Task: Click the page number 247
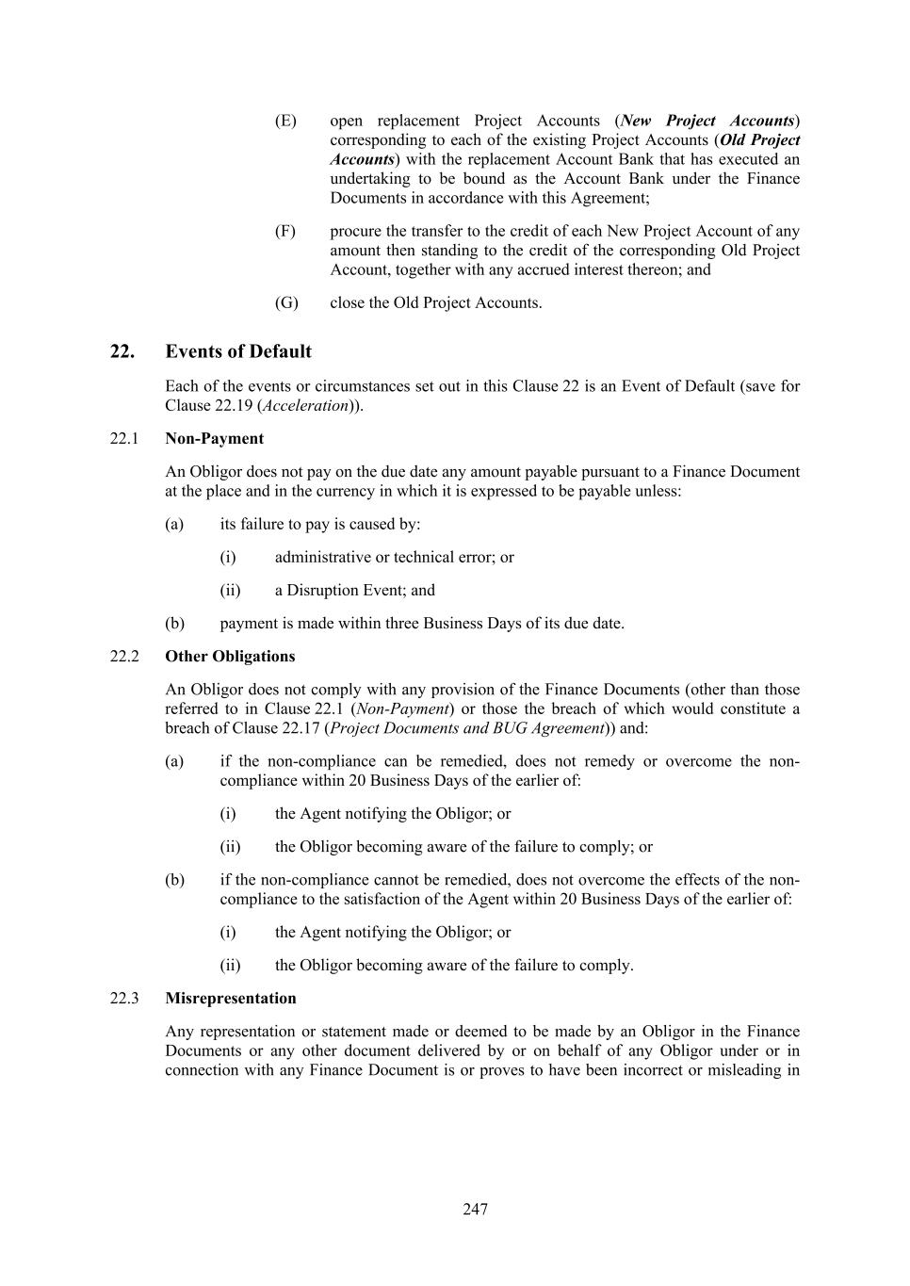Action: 475,1209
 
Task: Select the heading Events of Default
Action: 238,351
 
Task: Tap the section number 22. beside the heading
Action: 122,351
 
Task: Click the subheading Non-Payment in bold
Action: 214,438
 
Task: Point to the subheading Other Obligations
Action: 230,656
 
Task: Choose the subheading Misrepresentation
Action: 231,998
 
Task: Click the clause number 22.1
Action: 124,438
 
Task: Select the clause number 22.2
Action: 124,656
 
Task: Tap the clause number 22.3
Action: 124,998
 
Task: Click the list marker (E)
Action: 285,121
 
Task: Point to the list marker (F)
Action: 285,231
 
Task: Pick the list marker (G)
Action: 286,302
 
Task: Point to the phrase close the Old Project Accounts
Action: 436,302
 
